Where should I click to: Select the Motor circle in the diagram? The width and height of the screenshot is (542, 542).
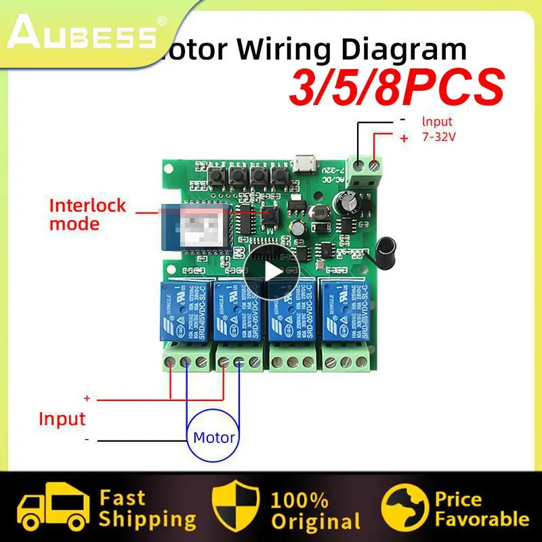(214, 436)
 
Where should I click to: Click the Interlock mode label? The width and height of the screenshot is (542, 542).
(87, 214)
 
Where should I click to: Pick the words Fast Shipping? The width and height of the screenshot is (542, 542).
(146, 509)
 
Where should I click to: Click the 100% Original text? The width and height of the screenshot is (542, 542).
(315, 510)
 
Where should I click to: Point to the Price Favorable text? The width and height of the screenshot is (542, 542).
(481, 509)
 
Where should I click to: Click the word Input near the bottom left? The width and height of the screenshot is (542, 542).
(62, 418)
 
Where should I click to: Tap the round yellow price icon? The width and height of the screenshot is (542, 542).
(404, 509)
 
